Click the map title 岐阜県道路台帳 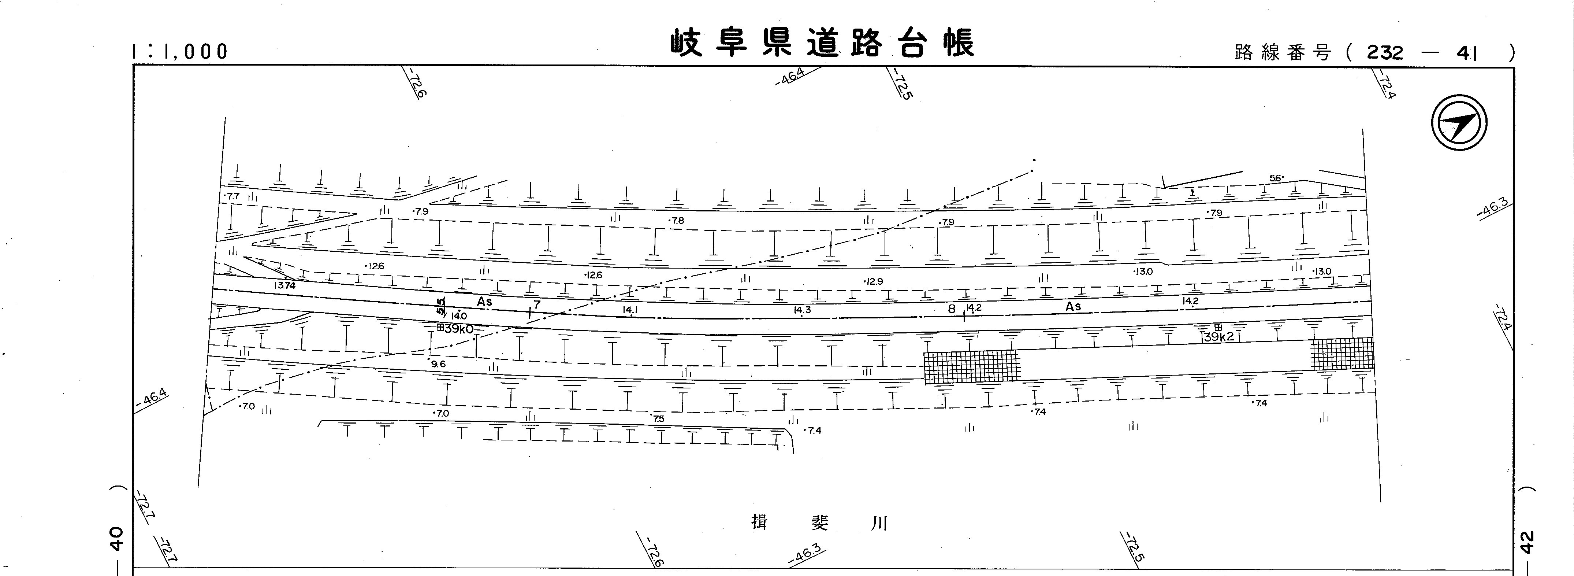(822, 43)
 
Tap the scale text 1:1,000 (180, 51)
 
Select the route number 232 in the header (1385, 53)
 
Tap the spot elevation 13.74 (285, 285)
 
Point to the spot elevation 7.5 (658, 419)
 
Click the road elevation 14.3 (802, 310)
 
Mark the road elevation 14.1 (630, 310)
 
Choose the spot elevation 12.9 (874, 281)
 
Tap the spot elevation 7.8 (676, 220)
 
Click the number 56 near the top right (1275, 178)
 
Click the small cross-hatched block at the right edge (1342, 354)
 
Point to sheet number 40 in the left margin (118, 539)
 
